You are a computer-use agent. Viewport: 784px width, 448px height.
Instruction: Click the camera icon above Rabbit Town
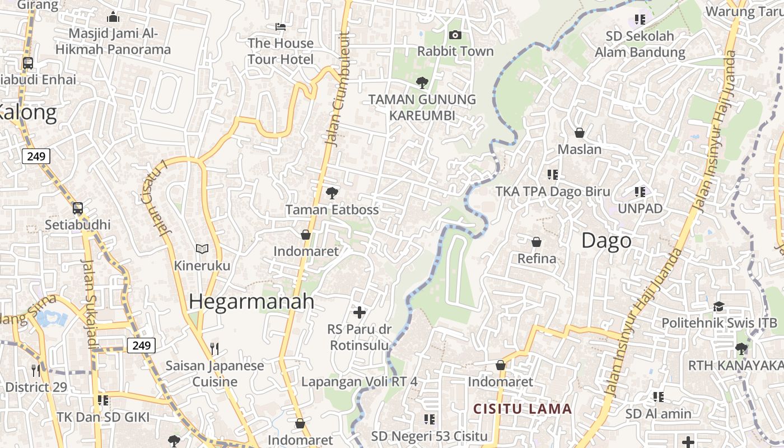coord(455,35)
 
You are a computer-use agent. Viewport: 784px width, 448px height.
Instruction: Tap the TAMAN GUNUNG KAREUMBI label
coord(422,108)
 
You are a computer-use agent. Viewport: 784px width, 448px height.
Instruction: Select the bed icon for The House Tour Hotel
coord(281,26)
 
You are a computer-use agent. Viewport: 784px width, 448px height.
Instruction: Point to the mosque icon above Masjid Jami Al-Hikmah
coord(113,17)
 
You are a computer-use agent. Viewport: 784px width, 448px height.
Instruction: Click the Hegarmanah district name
coord(251,301)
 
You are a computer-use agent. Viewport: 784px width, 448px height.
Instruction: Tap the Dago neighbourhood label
coord(606,241)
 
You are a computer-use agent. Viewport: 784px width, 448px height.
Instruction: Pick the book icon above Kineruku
coord(202,249)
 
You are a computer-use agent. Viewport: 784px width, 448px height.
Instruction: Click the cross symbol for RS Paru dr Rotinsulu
coord(360,312)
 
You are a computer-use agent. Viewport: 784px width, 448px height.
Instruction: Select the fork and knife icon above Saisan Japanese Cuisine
coord(214,349)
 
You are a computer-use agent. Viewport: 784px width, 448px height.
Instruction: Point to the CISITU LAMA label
coord(522,409)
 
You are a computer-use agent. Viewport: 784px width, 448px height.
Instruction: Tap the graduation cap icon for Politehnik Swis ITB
coord(718,306)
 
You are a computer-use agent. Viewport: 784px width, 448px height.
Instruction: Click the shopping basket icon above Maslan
coord(580,133)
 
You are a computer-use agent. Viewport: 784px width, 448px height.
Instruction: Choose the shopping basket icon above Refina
coord(536,242)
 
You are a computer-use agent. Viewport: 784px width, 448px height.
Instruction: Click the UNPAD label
coord(640,209)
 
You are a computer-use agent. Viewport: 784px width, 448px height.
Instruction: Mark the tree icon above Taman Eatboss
coord(332,193)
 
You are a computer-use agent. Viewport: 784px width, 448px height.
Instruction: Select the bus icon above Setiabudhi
coord(78,208)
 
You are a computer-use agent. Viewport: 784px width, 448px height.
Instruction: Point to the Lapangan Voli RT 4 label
coord(359,382)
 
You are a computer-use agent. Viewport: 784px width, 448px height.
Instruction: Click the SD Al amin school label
coord(659,414)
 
